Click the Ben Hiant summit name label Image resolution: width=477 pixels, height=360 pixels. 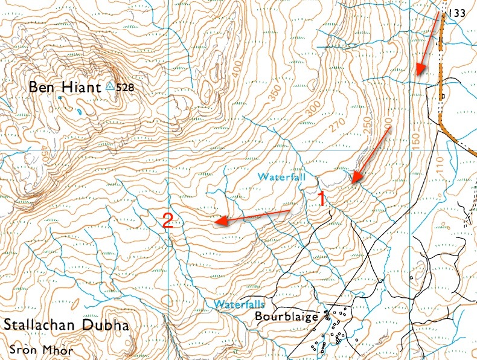pos(64,88)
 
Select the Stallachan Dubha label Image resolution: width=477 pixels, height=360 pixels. pos(66,326)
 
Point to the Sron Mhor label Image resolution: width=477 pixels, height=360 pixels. pos(41,350)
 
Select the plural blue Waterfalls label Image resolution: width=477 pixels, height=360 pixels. pos(240,304)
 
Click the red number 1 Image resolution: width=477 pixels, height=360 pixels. pos(322,199)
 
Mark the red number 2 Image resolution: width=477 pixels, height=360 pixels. pos(168,222)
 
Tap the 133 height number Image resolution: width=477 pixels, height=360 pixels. pos(458,13)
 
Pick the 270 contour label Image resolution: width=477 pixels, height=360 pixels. pos(339,129)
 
